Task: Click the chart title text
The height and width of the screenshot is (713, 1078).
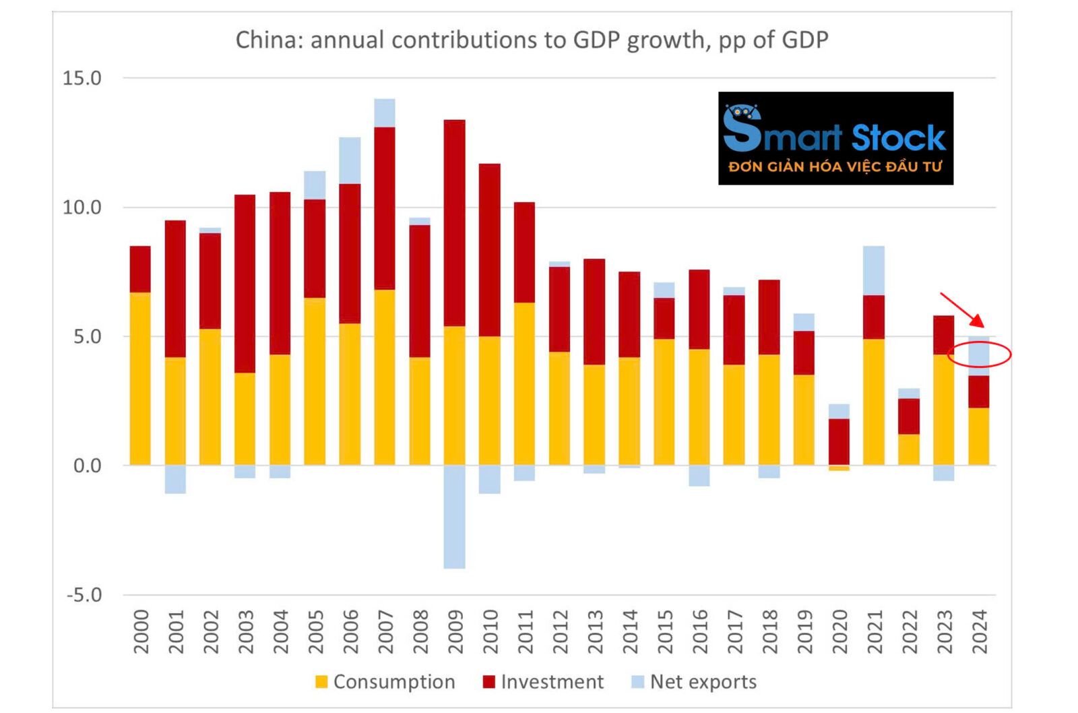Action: point(532,40)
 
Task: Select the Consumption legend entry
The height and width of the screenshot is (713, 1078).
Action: point(385,681)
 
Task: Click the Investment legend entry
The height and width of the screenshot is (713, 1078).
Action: point(543,681)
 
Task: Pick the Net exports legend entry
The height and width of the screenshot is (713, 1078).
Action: point(694,681)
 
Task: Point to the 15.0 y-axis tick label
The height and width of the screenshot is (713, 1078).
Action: point(82,78)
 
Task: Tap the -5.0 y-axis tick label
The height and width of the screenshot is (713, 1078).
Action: point(84,595)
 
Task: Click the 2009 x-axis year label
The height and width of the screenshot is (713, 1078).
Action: point(455,631)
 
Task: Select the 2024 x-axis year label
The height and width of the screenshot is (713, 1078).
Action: point(979,631)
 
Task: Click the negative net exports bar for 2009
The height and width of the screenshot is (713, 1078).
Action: point(455,516)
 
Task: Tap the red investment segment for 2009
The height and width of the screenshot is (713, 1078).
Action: point(455,222)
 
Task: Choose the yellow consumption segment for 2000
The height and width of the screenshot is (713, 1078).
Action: point(140,379)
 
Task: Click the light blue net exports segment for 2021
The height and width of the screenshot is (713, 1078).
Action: point(874,270)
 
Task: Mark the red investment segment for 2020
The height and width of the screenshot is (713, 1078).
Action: point(839,441)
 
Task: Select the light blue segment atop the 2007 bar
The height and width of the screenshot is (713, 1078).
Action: point(385,113)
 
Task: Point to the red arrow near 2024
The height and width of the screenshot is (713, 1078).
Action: point(963,310)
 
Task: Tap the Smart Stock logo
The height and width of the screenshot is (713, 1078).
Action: point(835,138)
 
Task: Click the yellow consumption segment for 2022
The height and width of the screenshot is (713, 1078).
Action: point(909,449)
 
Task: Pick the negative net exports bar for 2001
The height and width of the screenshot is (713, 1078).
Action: point(175,479)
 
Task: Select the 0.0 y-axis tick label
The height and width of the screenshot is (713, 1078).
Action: point(87,466)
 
